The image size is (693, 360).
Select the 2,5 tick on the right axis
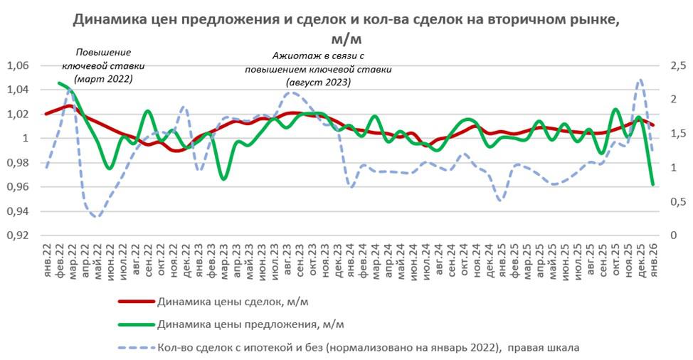pos(677,65)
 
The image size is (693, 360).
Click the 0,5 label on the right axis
pos(677,201)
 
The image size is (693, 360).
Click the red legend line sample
pos(135,301)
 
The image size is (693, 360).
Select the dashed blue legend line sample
pos(135,348)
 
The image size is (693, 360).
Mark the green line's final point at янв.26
pos(653,185)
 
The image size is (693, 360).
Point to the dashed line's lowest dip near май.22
pos(97,216)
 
